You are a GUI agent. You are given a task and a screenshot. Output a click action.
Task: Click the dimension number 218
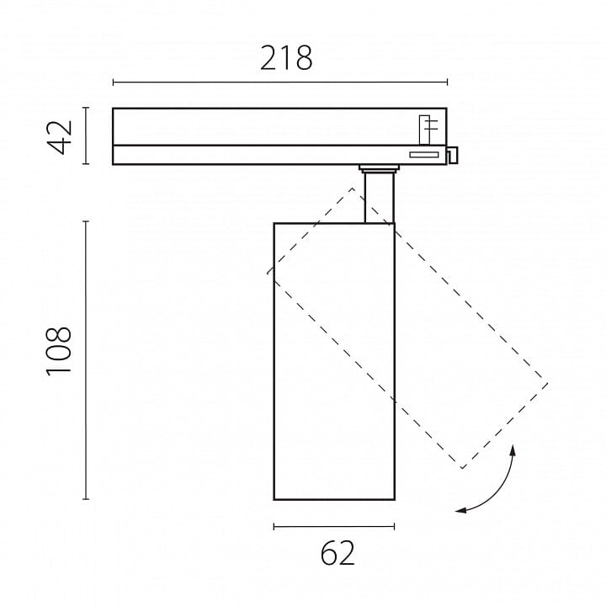coord(286,58)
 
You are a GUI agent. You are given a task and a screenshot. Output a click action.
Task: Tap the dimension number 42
coord(60,137)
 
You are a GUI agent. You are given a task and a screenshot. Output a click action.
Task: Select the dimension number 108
coord(59,351)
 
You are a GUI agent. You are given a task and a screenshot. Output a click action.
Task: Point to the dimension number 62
coord(338,553)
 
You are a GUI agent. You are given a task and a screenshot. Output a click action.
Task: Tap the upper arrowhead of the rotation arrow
coord(513,449)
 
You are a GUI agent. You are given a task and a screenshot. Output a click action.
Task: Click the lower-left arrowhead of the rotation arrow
coord(460,511)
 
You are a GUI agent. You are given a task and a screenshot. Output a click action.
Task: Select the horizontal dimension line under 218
coord(280,82)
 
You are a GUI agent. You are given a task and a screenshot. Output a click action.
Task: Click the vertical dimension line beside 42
coord(86,136)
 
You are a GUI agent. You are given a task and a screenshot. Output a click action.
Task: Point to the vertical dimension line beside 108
coord(86,360)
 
